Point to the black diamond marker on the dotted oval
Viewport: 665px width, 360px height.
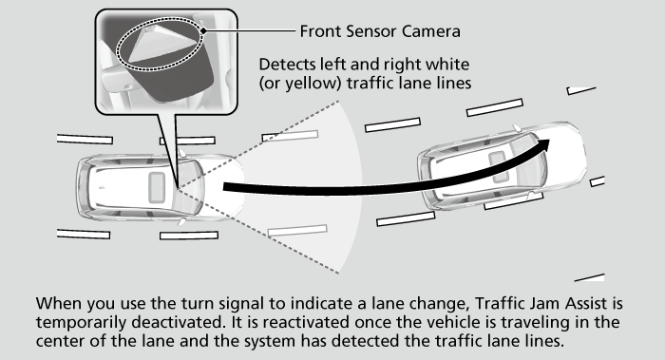pos(204,30)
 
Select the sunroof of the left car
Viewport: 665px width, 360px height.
pos(157,187)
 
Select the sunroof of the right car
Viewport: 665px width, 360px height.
pos(498,166)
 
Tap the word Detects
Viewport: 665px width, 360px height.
pos(287,65)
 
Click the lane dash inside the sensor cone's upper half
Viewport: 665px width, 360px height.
pos(290,136)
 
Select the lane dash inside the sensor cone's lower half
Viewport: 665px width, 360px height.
pos(297,231)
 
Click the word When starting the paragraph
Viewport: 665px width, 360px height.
pos(60,304)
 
